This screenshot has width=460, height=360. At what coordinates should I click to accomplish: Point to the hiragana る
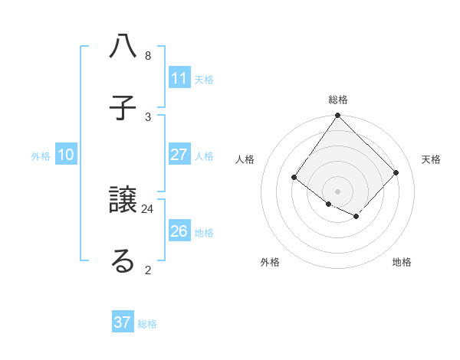coord(123,260)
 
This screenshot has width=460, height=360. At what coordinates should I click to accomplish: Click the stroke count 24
coord(148,208)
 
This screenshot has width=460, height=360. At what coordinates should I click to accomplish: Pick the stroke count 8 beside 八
coord(148,56)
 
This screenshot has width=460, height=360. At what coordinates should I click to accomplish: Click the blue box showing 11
coord(179,78)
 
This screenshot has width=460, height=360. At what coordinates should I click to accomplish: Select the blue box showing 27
coord(179,155)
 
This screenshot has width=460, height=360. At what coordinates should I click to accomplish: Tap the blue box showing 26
coord(179,231)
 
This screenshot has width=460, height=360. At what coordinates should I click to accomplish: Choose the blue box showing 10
coord(66,155)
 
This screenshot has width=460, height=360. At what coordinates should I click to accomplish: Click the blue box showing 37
coord(123,322)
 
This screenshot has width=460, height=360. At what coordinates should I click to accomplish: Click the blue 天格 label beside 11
coord(204,79)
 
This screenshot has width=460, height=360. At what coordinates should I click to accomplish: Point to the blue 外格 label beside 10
coord(41,155)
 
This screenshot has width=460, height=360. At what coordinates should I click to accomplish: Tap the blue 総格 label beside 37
coord(147,323)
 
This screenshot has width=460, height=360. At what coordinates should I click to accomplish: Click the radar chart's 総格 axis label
coord(338,100)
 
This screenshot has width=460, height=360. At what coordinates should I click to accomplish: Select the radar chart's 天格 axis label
coord(431,159)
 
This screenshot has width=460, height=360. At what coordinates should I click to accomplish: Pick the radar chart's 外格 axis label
coord(270,262)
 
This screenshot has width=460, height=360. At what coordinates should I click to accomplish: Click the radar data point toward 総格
coord(338,116)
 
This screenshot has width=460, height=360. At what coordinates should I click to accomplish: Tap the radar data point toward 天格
coord(396,172)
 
